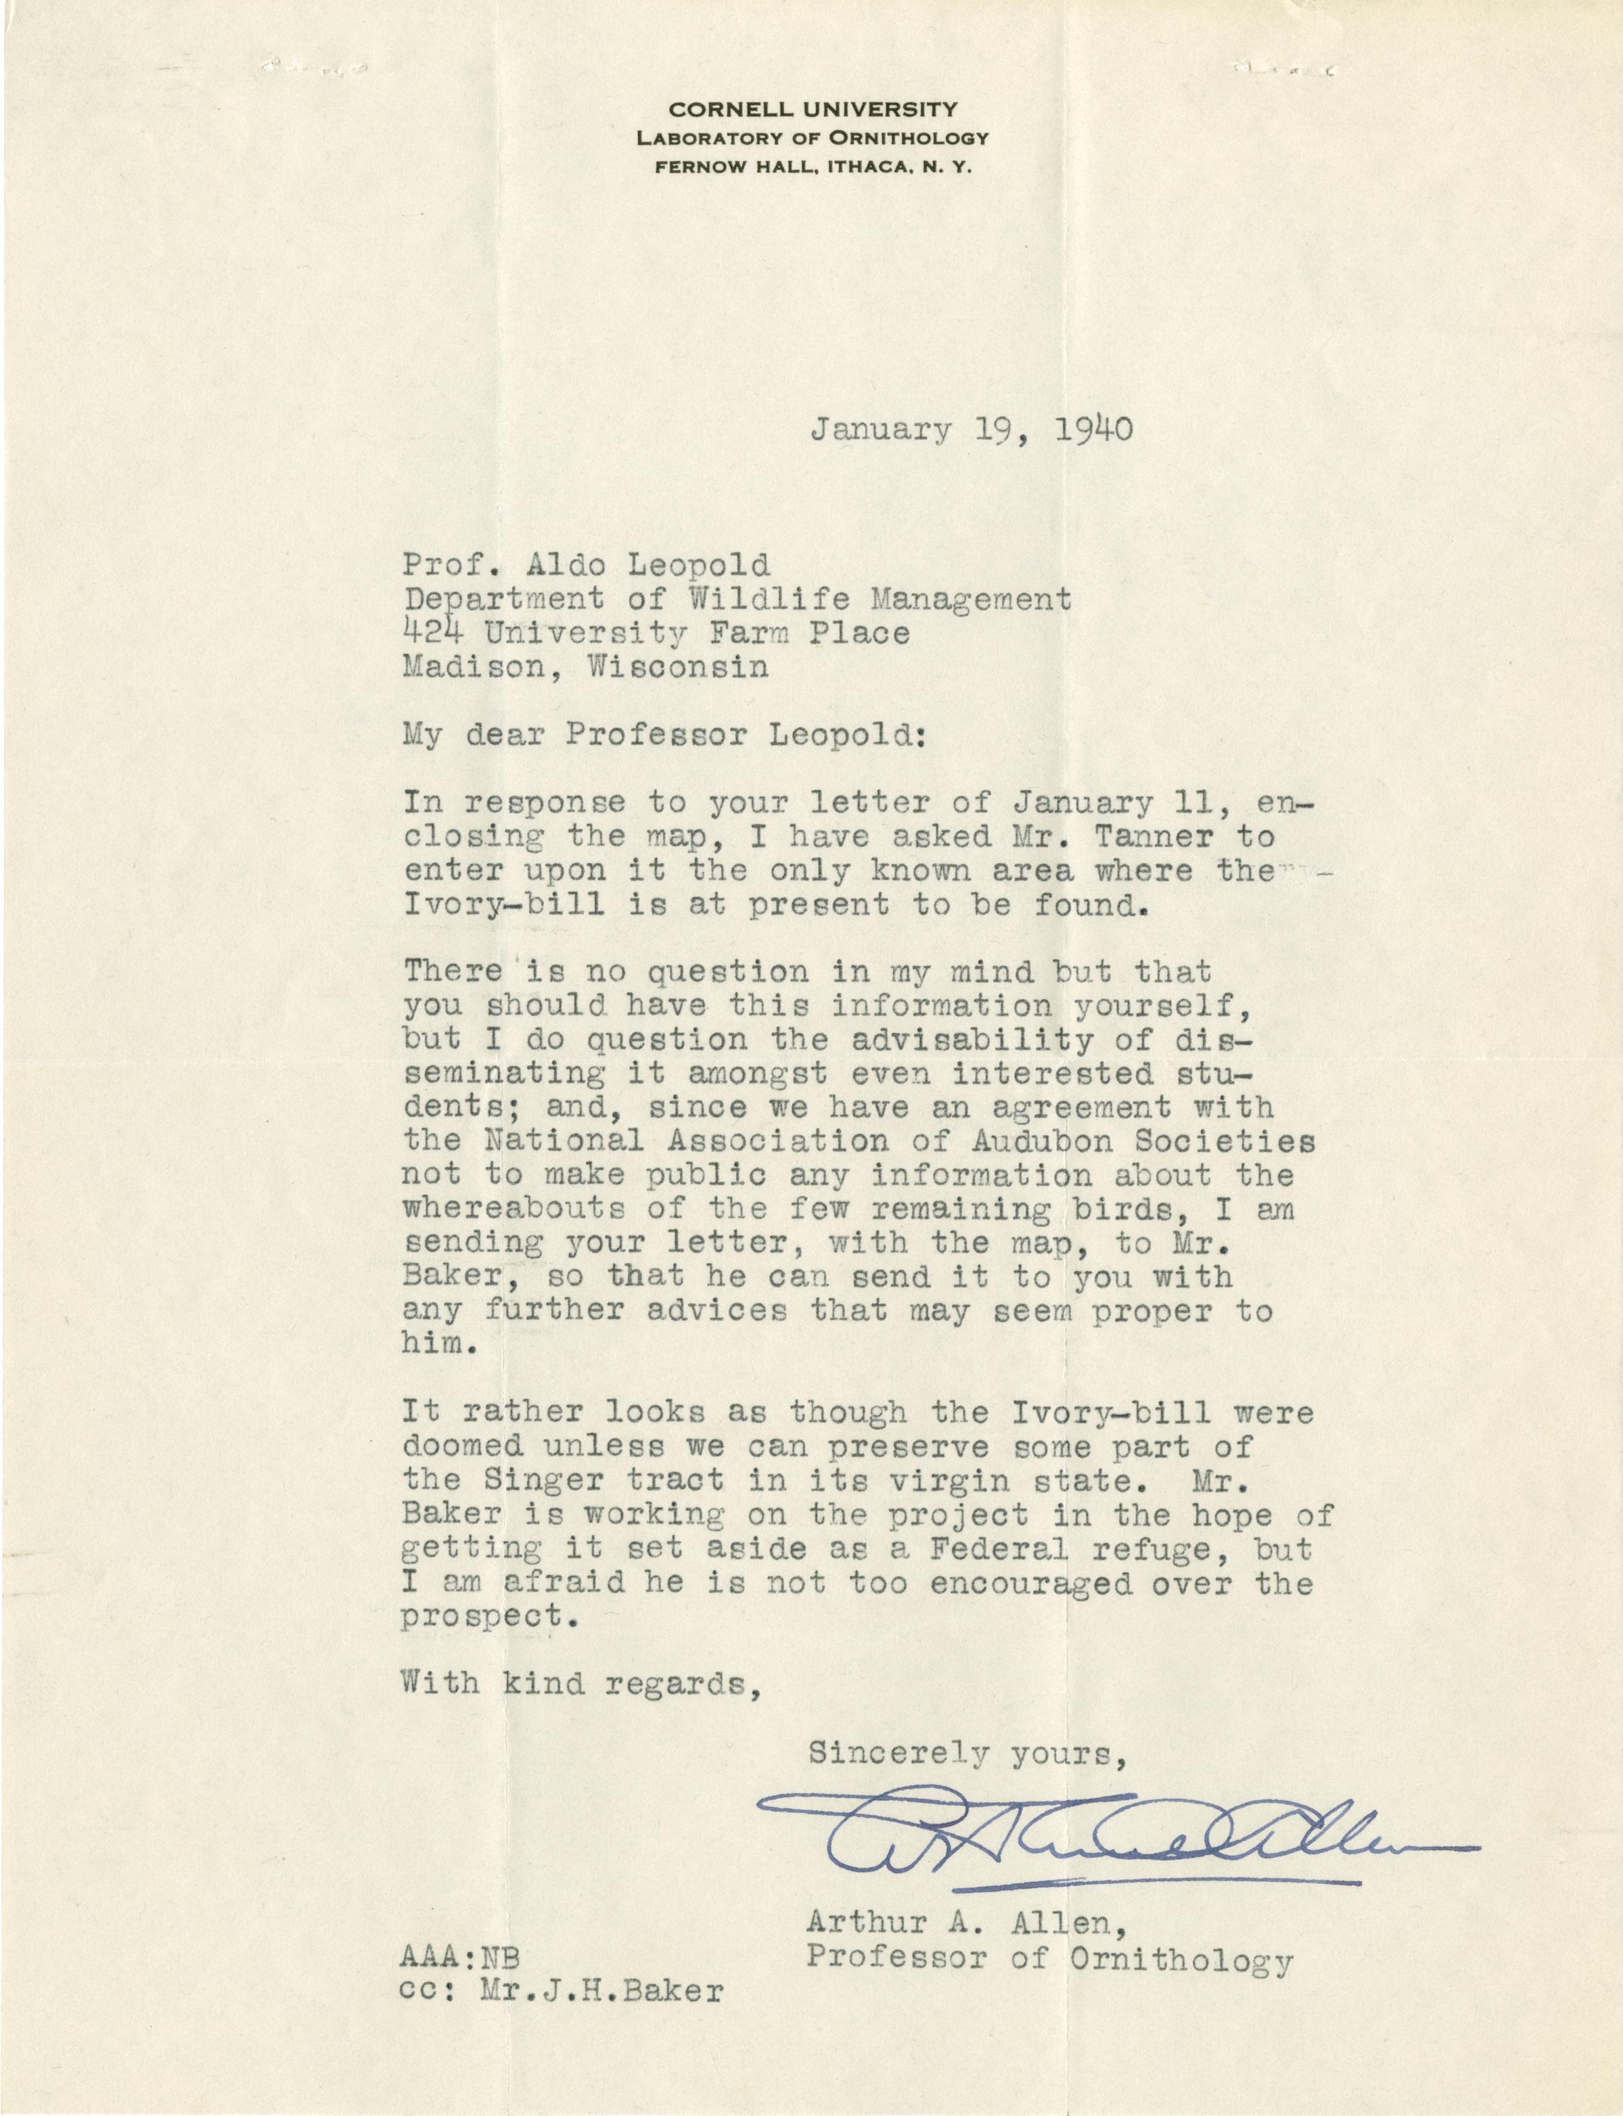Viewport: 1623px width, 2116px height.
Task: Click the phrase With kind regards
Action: click(x=576, y=1683)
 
